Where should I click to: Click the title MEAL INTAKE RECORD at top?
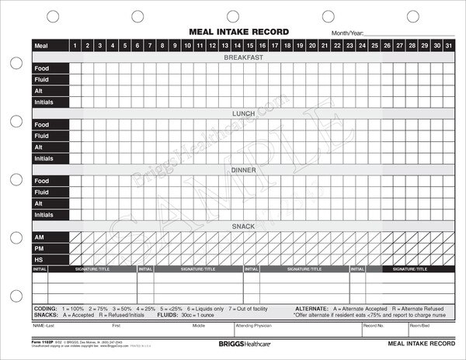point(239,32)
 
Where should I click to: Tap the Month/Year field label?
point(346,35)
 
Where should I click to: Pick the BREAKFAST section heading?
point(244,57)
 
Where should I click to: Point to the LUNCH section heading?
point(244,113)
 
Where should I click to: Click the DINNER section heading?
point(244,169)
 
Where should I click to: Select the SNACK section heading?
point(244,226)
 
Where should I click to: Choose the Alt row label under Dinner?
point(38,203)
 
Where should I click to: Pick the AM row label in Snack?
point(39,237)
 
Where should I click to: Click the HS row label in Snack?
point(39,259)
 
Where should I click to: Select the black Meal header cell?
point(50,46)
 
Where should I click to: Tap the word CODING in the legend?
point(46,309)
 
